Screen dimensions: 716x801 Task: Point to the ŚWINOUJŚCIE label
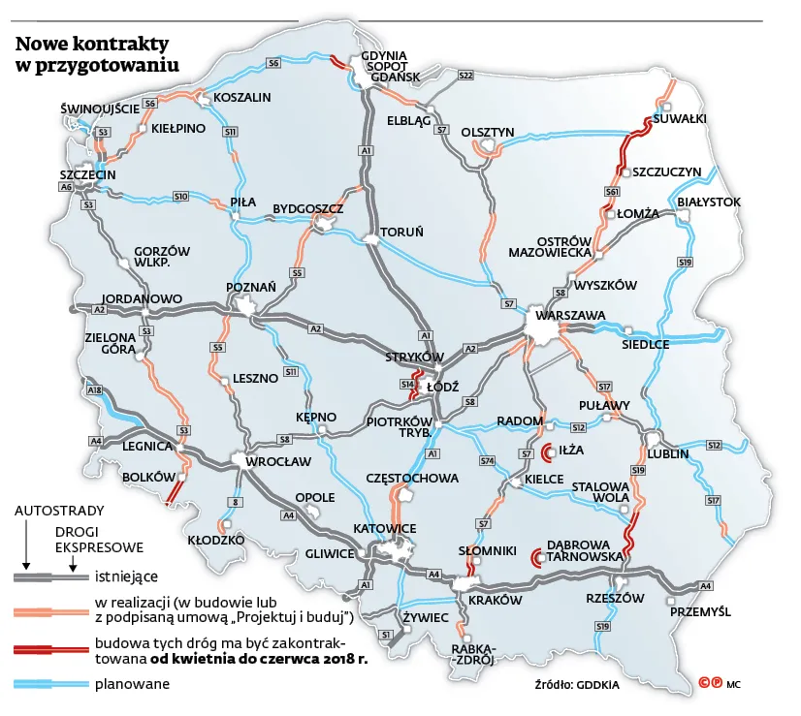pos(100,109)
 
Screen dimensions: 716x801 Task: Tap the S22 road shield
pos(465,75)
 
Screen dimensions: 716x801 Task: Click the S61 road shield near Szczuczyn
pos(612,192)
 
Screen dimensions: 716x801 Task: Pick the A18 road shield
pos(94,390)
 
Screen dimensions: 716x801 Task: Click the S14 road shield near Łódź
pos(407,385)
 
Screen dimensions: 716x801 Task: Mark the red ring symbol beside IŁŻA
pos(547,451)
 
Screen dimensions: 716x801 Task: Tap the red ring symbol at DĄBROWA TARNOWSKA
pos(536,557)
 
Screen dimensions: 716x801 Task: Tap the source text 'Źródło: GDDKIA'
pos(576,685)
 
